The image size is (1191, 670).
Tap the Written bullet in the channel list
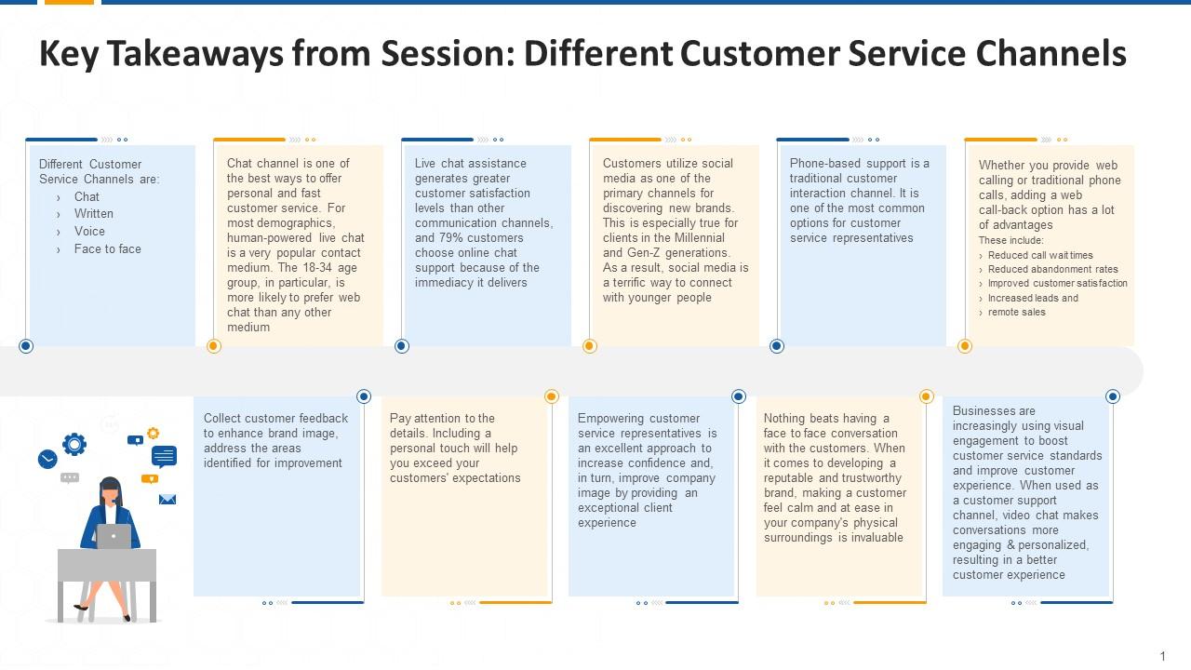(94, 214)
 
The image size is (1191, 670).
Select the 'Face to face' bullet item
(108, 249)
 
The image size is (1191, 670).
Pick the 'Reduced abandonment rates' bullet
(1053, 269)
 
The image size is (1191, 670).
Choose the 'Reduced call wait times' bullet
(1040, 255)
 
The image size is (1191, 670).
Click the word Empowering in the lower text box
(612, 419)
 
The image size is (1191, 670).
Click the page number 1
(1162, 656)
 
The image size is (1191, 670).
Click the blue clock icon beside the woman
(47, 459)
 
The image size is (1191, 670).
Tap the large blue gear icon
(74, 444)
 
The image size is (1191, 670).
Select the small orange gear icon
(153, 433)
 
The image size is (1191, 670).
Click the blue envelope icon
(167, 500)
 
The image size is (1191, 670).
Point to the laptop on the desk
(114, 536)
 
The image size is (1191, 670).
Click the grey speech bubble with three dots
(70, 478)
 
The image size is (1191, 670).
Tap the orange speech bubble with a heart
(149, 479)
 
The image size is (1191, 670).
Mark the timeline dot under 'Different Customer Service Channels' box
(26, 346)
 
